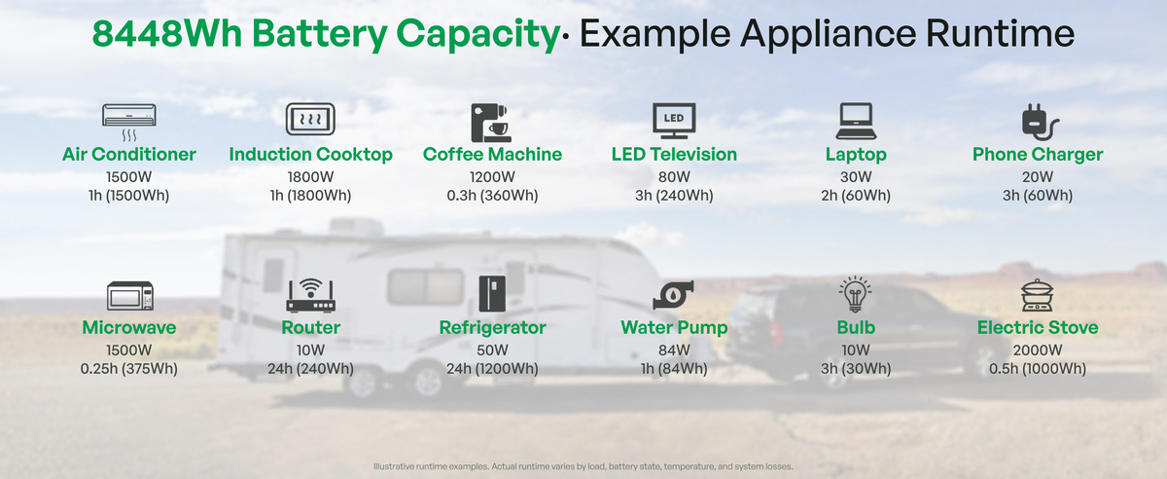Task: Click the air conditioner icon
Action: click(x=128, y=122)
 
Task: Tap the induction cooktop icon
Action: click(x=310, y=119)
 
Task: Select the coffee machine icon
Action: click(x=491, y=123)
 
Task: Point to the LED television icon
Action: click(x=674, y=121)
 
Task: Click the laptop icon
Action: click(x=856, y=121)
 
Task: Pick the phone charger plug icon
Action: click(x=1040, y=122)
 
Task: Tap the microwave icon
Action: click(x=129, y=296)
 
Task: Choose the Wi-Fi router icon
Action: click(x=310, y=295)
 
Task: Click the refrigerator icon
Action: click(x=492, y=294)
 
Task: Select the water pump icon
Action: click(x=673, y=295)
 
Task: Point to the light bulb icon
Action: click(x=855, y=294)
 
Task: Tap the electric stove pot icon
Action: click(x=1038, y=295)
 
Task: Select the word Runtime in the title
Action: click(x=1000, y=33)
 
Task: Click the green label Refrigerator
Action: click(x=492, y=328)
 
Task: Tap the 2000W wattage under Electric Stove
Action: click(x=1038, y=350)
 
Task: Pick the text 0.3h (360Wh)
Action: click(x=492, y=196)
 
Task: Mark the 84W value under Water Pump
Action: click(x=674, y=350)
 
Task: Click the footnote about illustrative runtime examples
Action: click(x=583, y=466)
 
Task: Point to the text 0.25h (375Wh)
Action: click(x=128, y=369)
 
